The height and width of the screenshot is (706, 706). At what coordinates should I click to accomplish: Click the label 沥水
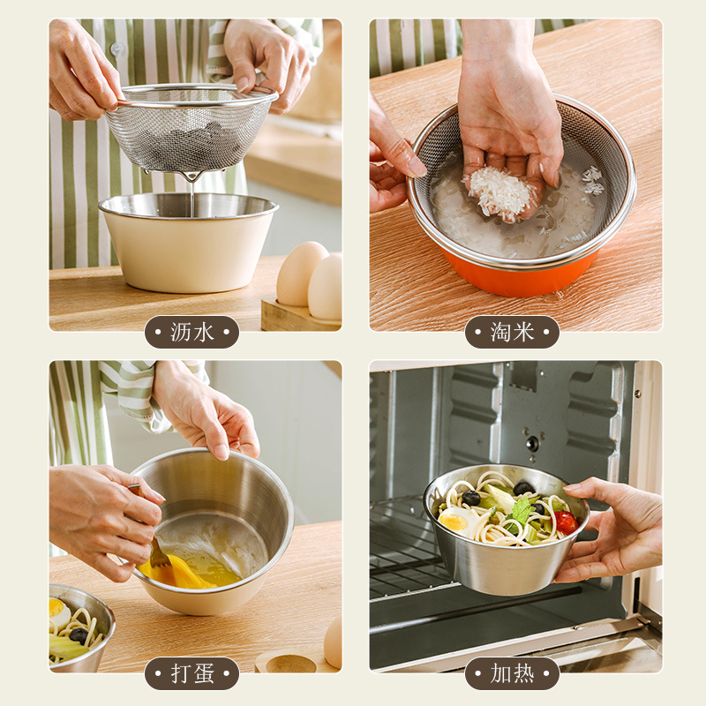click(x=192, y=332)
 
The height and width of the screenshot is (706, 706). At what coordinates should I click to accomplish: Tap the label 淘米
click(x=512, y=332)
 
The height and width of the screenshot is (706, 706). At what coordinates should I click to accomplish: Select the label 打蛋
click(x=192, y=673)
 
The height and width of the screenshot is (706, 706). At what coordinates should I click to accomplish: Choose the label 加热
click(x=512, y=673)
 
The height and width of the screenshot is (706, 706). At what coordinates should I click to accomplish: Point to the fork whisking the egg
click(x=158, y=555)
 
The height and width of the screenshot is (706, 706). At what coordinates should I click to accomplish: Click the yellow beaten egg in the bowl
click(x=190, y=572)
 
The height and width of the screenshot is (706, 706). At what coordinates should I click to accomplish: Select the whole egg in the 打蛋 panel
click(x=334, y=642)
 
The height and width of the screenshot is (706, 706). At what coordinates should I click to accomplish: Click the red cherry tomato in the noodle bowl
click(x=566, y=522)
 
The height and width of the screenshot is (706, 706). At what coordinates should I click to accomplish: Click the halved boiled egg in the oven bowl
click(x=454, y=520)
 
